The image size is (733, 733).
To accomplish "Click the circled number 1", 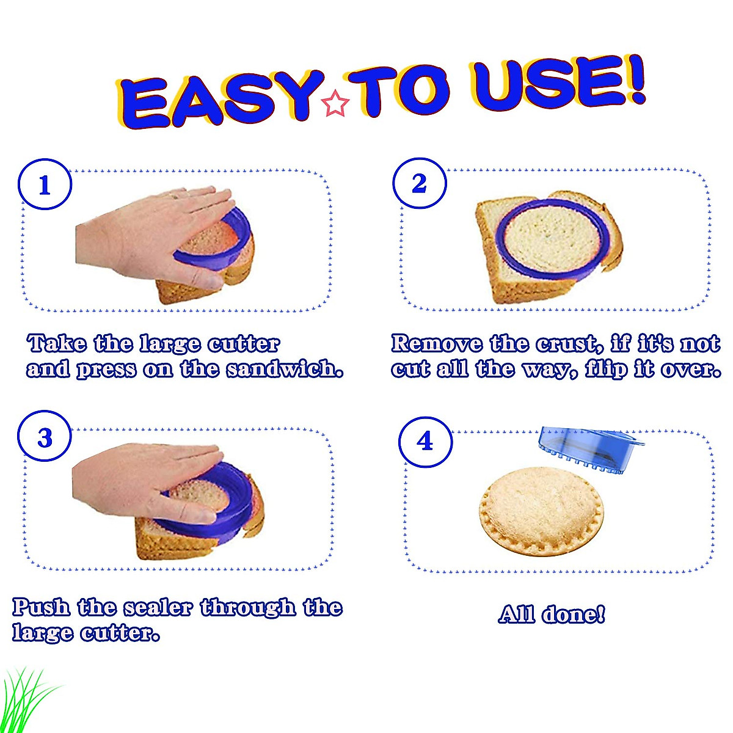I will [45, 185].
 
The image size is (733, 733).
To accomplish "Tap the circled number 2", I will [419, 183].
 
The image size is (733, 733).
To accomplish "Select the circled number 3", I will [45, 438].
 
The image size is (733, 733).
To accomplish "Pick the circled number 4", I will [425, 442].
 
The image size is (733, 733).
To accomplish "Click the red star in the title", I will [335, 104].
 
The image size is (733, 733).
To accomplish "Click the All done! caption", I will [552, 614].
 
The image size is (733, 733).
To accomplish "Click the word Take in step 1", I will [57, 343].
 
